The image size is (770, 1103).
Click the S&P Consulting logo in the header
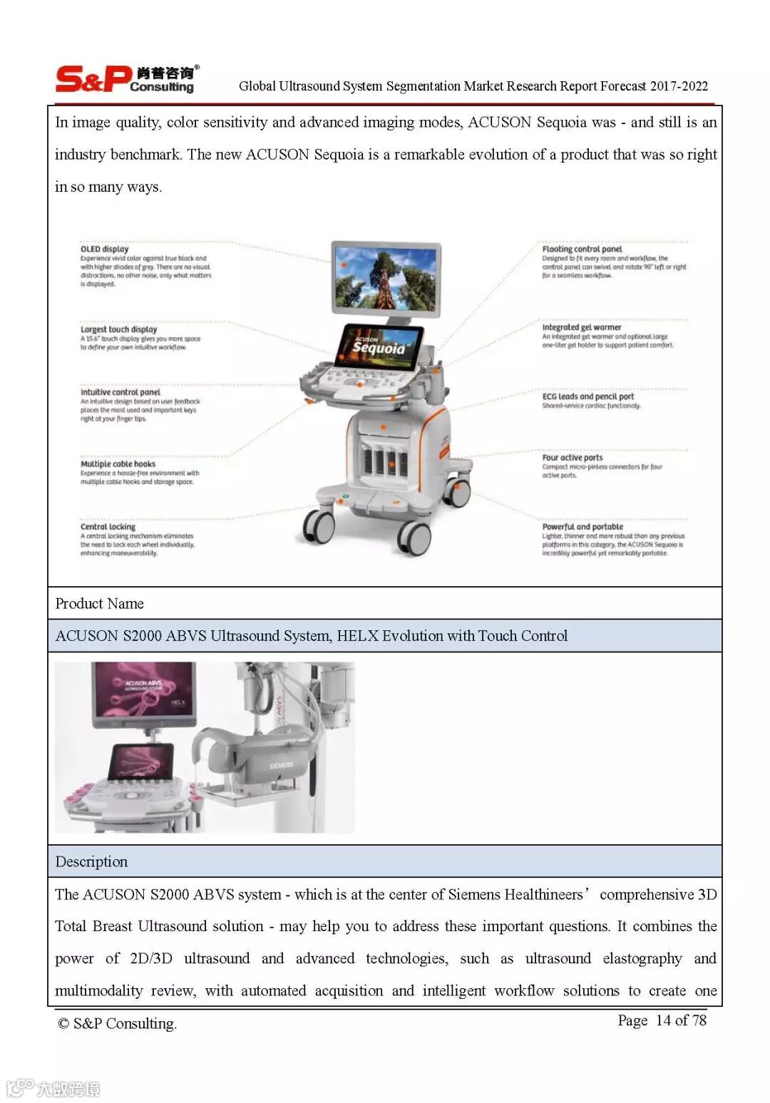pos(125,79)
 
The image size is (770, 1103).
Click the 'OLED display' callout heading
pos(104,249)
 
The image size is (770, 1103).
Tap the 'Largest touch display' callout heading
pos(118,329)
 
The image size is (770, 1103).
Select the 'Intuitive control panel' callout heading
pos(120,392)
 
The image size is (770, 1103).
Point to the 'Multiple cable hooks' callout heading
pos(118,463)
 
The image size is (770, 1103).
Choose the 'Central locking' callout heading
pos(108,527)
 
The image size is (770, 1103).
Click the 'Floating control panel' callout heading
pos(582,249)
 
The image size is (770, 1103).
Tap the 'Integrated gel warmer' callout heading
pos(581,327)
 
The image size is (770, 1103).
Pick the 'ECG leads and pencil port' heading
pos(587,396)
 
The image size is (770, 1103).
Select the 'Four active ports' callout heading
pos(572,458)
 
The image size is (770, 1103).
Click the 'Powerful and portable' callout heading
pos(582,527)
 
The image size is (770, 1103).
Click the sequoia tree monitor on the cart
pos(386,277)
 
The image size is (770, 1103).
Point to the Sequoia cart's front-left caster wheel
pos(319,527)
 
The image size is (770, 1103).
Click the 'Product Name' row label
pos(99,604)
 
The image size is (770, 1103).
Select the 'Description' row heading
pos(91,861)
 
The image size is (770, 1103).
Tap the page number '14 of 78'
pos(681,1020)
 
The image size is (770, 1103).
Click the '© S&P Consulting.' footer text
pos(117,1024)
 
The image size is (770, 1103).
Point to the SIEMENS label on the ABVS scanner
pos(281,765)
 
